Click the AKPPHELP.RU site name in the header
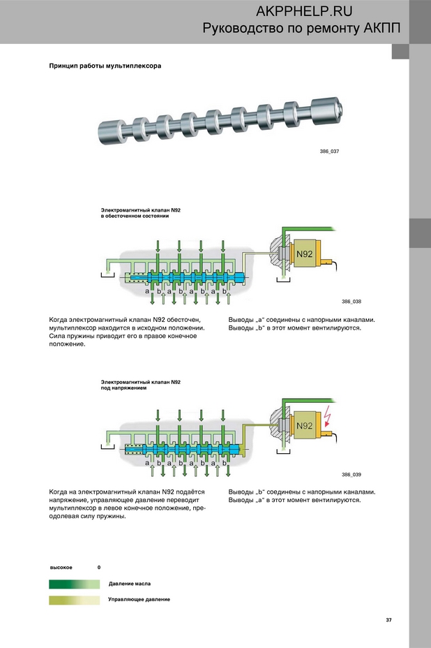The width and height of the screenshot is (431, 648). coord(304,12)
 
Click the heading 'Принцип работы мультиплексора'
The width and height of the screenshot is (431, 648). coord(105,66)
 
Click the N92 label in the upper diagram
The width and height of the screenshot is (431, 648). coord(304,254)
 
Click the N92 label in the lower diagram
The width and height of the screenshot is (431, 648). coord(304,425)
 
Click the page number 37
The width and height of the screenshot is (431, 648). coord(389,619)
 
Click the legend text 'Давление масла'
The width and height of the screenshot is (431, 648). coord(129,583)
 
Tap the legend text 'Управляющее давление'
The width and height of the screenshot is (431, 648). coord(139,599)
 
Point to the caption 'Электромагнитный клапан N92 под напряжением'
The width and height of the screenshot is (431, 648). coord(140,385)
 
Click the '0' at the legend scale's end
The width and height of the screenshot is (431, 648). coord(99,567)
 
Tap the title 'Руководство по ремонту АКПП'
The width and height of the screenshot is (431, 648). coord(301,29)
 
